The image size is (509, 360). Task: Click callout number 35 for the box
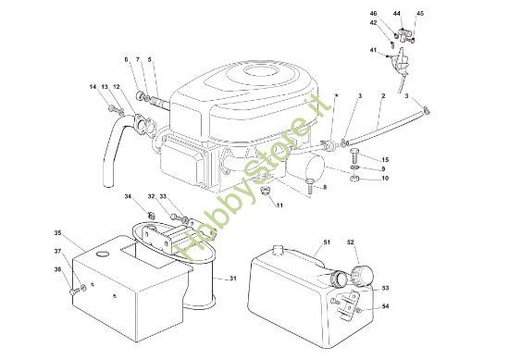(57, 232)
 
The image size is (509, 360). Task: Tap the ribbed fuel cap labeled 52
(362, 276)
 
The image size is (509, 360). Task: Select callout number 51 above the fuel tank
(327, 242)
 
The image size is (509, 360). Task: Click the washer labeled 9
(355, 168)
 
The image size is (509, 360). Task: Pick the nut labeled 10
(354, 178)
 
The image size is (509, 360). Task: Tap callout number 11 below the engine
(279, 205)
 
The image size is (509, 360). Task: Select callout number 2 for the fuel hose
(383, 96)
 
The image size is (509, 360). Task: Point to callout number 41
(373, 50)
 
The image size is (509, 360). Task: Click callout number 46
(373, 13)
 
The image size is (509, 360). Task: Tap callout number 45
(420, 13)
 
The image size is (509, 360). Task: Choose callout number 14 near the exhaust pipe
(93, 87)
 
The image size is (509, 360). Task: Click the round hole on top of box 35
(104, 254)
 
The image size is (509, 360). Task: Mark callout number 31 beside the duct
(232, 279)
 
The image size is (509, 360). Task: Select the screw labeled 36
(74, 292)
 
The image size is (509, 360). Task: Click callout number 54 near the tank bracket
(385, 306)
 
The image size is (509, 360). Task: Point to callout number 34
(129, 196)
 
